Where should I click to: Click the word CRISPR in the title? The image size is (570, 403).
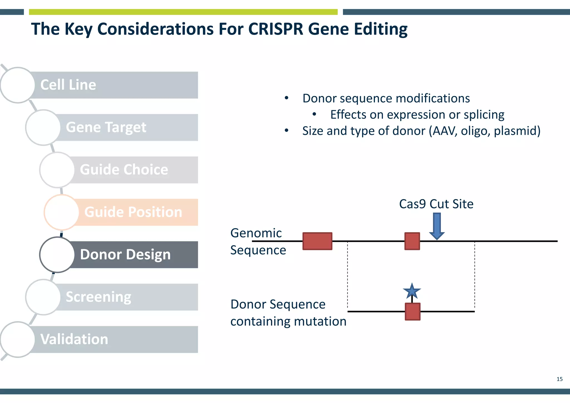click(x=275, y=29)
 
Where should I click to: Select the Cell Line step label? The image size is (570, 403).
click(x=68, y=85)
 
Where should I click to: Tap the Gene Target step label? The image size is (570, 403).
click(x=106, y=127)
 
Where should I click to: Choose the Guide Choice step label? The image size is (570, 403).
click(x=124, y=169)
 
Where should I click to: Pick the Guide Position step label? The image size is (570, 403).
click(x=133, y=212)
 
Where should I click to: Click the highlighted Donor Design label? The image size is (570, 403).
click(x=125, y=254)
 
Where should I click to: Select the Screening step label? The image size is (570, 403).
click(x=98, y=297)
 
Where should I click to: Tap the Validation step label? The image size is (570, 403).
click(x=74, y=339)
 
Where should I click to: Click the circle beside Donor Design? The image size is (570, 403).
click(x=57, y=254)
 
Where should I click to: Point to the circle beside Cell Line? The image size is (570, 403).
click(x=18, y=85)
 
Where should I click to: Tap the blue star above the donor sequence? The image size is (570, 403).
click(x=412, y=291)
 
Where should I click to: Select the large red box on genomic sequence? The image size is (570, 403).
click(x=317, y=241)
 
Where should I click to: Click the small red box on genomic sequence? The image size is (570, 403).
click(x=412, y=241)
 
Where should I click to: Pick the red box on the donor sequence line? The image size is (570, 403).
click(x=412, y=312)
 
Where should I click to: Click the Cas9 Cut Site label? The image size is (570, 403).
click(x=436, y=204)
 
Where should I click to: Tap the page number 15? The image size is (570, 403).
click(x=559, y=379)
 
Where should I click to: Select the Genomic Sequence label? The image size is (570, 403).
click(x=258, y=241)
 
